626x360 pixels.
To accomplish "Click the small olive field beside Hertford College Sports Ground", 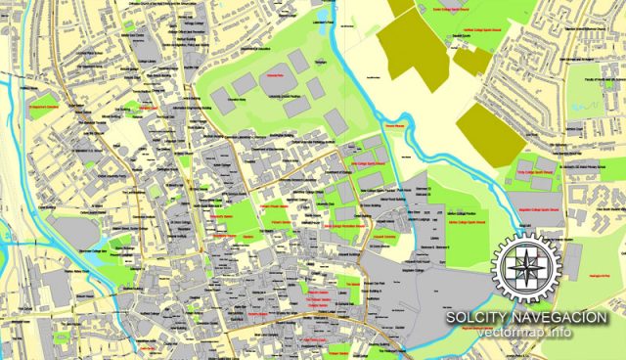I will point(473,61).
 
